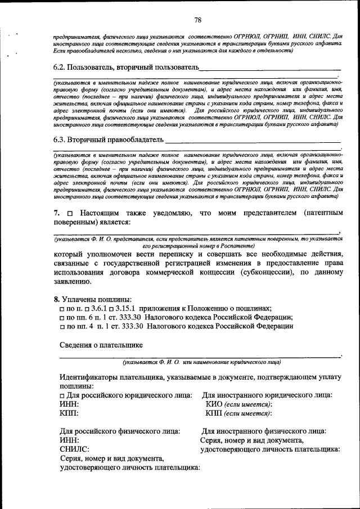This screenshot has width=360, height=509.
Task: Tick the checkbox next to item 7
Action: pyautogui.click(x=70, y=214)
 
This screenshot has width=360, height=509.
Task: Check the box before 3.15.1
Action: pyautogui.click(x=111, y=308)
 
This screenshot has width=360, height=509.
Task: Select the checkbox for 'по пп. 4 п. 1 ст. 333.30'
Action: pyautogui.click(x=63, y=326)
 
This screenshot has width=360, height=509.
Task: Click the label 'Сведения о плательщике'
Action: pyautogui.click(x=101, y=345)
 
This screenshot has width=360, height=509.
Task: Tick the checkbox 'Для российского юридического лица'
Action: pyautogui.click(x=63, y=396)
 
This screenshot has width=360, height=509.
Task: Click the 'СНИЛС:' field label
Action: pyautogui.click(x=74, y=449)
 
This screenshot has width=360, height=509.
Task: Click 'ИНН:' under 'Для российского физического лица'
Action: pyautogui.click(x=69, y=440)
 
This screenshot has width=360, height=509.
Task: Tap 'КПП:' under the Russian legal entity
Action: pyautogui.click(x=69, y=414)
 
